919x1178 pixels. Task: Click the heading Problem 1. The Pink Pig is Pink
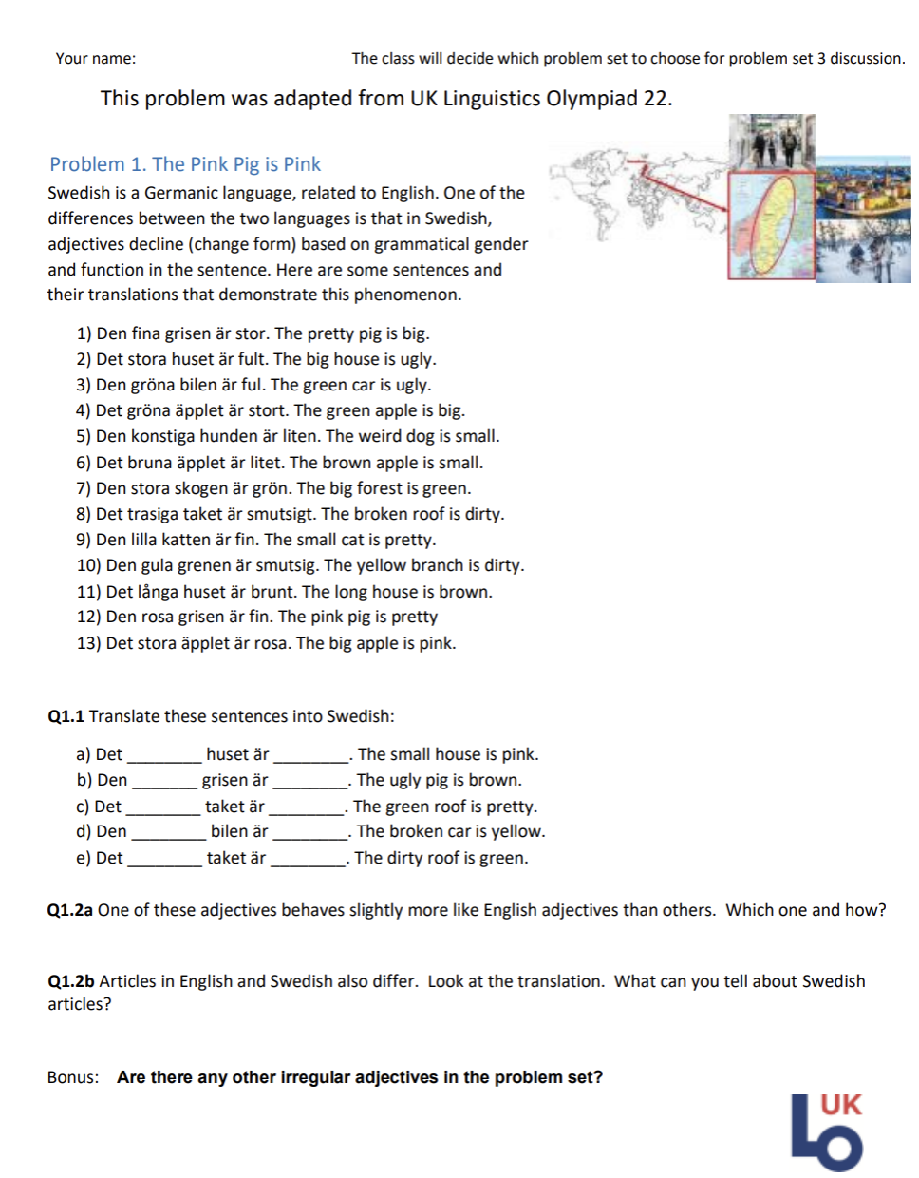(185, 164)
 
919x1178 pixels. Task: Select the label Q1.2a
(69, 910)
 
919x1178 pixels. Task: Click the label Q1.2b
(70, 981)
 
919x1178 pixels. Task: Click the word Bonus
(72, 1077)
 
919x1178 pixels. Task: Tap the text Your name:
(95, 58)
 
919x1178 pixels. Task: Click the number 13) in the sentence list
(88, 643)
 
